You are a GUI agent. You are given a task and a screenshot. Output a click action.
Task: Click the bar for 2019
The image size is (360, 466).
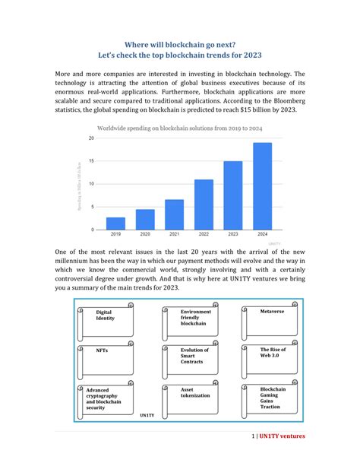pos(115,223)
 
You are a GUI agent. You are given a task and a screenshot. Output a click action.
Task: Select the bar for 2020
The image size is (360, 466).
pos(145,220)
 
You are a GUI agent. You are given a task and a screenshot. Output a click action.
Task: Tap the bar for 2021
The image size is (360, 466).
pos(175,215)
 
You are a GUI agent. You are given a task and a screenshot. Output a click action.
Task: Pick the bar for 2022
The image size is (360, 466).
pos(204,204)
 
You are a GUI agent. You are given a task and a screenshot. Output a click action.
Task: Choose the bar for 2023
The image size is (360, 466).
pos(233,195)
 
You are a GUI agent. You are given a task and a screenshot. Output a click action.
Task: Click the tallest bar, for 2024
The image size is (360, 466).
pos(262,186)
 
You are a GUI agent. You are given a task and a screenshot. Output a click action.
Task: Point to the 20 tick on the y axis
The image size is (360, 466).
pos(92,138)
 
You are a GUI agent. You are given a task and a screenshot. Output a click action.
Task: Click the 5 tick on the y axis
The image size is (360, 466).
pos(93,207)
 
